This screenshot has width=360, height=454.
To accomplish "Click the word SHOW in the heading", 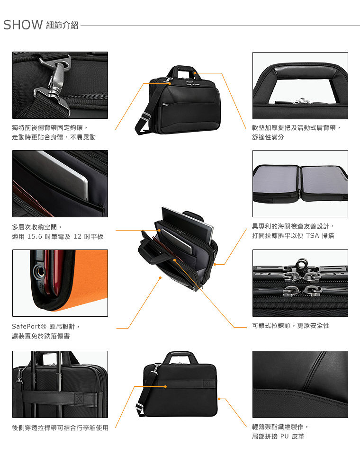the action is click(x=23, y=25).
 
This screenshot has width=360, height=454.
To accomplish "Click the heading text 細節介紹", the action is click(x=62, y=25).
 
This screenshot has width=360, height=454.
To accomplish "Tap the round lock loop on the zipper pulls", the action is click(x=301, y=264).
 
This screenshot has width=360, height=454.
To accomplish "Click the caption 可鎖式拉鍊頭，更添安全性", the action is click(x=291, y=326).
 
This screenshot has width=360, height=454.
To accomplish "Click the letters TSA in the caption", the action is click(x=312, y=236).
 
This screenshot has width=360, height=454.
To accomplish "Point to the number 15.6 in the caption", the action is click(x=35, y=237).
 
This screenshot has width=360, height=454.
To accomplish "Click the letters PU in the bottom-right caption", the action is click(x=284, y=436).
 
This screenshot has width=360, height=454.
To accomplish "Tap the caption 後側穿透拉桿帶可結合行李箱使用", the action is click(x=60, y=428).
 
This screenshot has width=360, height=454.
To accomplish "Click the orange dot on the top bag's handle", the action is click(x=195, y=73).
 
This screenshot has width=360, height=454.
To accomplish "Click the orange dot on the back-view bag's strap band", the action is click(x=165, y=386).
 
